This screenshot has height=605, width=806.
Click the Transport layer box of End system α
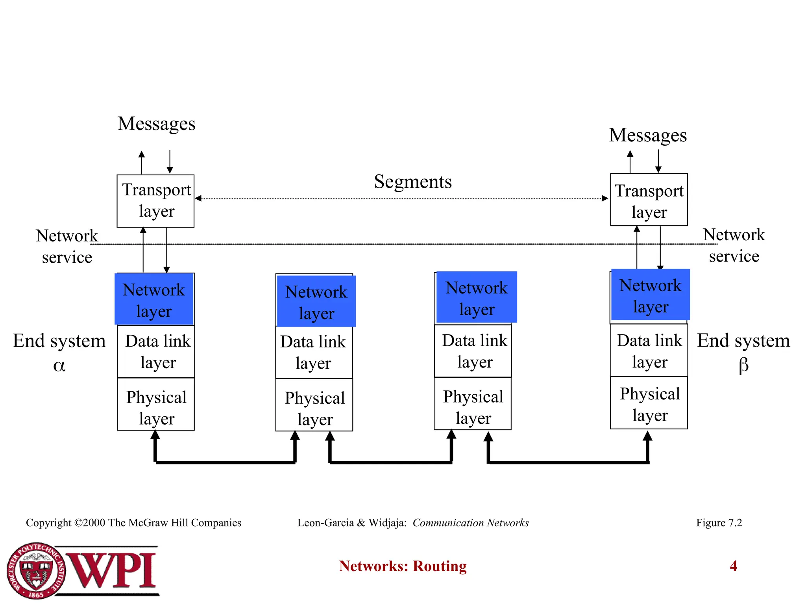[155, 201]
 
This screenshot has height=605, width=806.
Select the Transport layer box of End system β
[649, 200]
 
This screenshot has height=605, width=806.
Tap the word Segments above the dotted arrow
[412, 182]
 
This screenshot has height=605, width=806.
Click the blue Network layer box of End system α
[154, 299]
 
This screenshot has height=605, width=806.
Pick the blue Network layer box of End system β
[650, 295]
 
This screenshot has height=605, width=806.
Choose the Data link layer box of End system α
[156, 351]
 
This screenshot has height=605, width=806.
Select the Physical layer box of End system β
[649, 403]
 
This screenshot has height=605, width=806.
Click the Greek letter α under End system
[59, 366]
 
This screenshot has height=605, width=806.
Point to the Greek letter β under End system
[743, 365]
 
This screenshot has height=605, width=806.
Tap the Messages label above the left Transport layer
[156, 124]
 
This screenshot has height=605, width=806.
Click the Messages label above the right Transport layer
[648, 135]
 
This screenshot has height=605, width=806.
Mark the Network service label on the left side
[67, 246]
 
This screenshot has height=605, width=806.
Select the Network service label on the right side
[734, 245]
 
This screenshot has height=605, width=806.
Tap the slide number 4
[733, 566]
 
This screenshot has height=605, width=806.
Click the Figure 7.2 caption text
[719, 523]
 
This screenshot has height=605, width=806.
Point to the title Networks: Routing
[403, 566]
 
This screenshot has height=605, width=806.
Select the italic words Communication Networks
[470, 523]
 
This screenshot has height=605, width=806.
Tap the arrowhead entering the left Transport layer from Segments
[199, 198]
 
